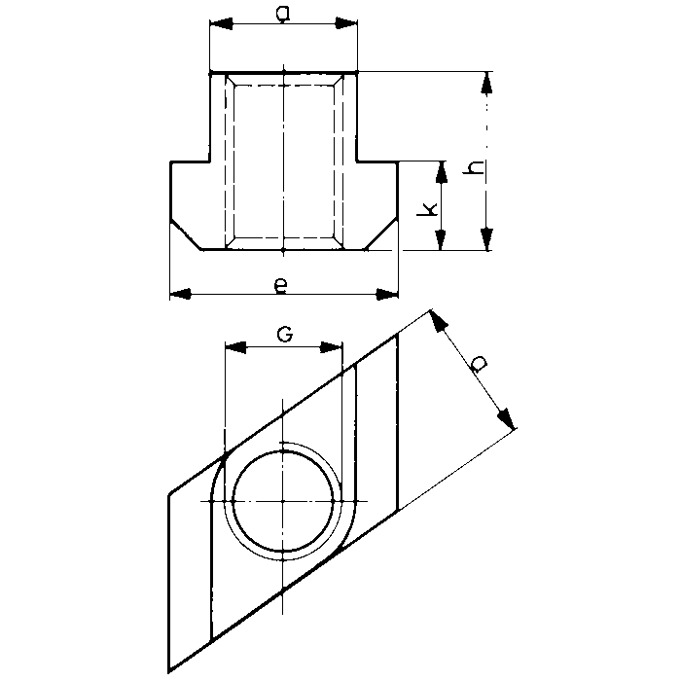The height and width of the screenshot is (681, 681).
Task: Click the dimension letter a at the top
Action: [x=283, y=14]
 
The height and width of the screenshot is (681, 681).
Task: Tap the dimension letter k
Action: [x=427, y=209]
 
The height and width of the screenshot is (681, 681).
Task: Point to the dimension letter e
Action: [x=281, y=286]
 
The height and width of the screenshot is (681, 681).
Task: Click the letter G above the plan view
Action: [x=284, y=335]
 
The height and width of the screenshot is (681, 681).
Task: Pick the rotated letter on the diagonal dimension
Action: [x=480, y=364]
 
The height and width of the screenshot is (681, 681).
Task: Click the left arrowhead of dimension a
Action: [x=221, y=24]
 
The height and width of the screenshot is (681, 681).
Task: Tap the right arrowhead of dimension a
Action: [x=346, y=23]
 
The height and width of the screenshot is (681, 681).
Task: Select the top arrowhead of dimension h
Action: [x=486, y=83]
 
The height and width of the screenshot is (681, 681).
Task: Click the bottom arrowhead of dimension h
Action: [x=486, y=239]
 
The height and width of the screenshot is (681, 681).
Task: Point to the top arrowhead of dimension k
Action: [x=441, y=171]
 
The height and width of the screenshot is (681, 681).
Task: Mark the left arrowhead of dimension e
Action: [x=181, y=294]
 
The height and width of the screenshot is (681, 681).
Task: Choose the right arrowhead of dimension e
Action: [x=387, y=294]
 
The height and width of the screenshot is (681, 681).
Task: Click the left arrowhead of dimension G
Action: [x=235, y=347]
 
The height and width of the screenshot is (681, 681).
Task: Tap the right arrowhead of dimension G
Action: [x=332, y=347]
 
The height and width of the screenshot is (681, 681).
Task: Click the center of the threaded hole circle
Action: [x=283, y=501]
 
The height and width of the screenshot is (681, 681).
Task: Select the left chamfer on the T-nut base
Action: [x=186, y=236]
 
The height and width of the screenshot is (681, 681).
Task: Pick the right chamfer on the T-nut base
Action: [x=381, y=235]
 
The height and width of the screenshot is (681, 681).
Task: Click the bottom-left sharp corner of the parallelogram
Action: [x=168, y=672]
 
